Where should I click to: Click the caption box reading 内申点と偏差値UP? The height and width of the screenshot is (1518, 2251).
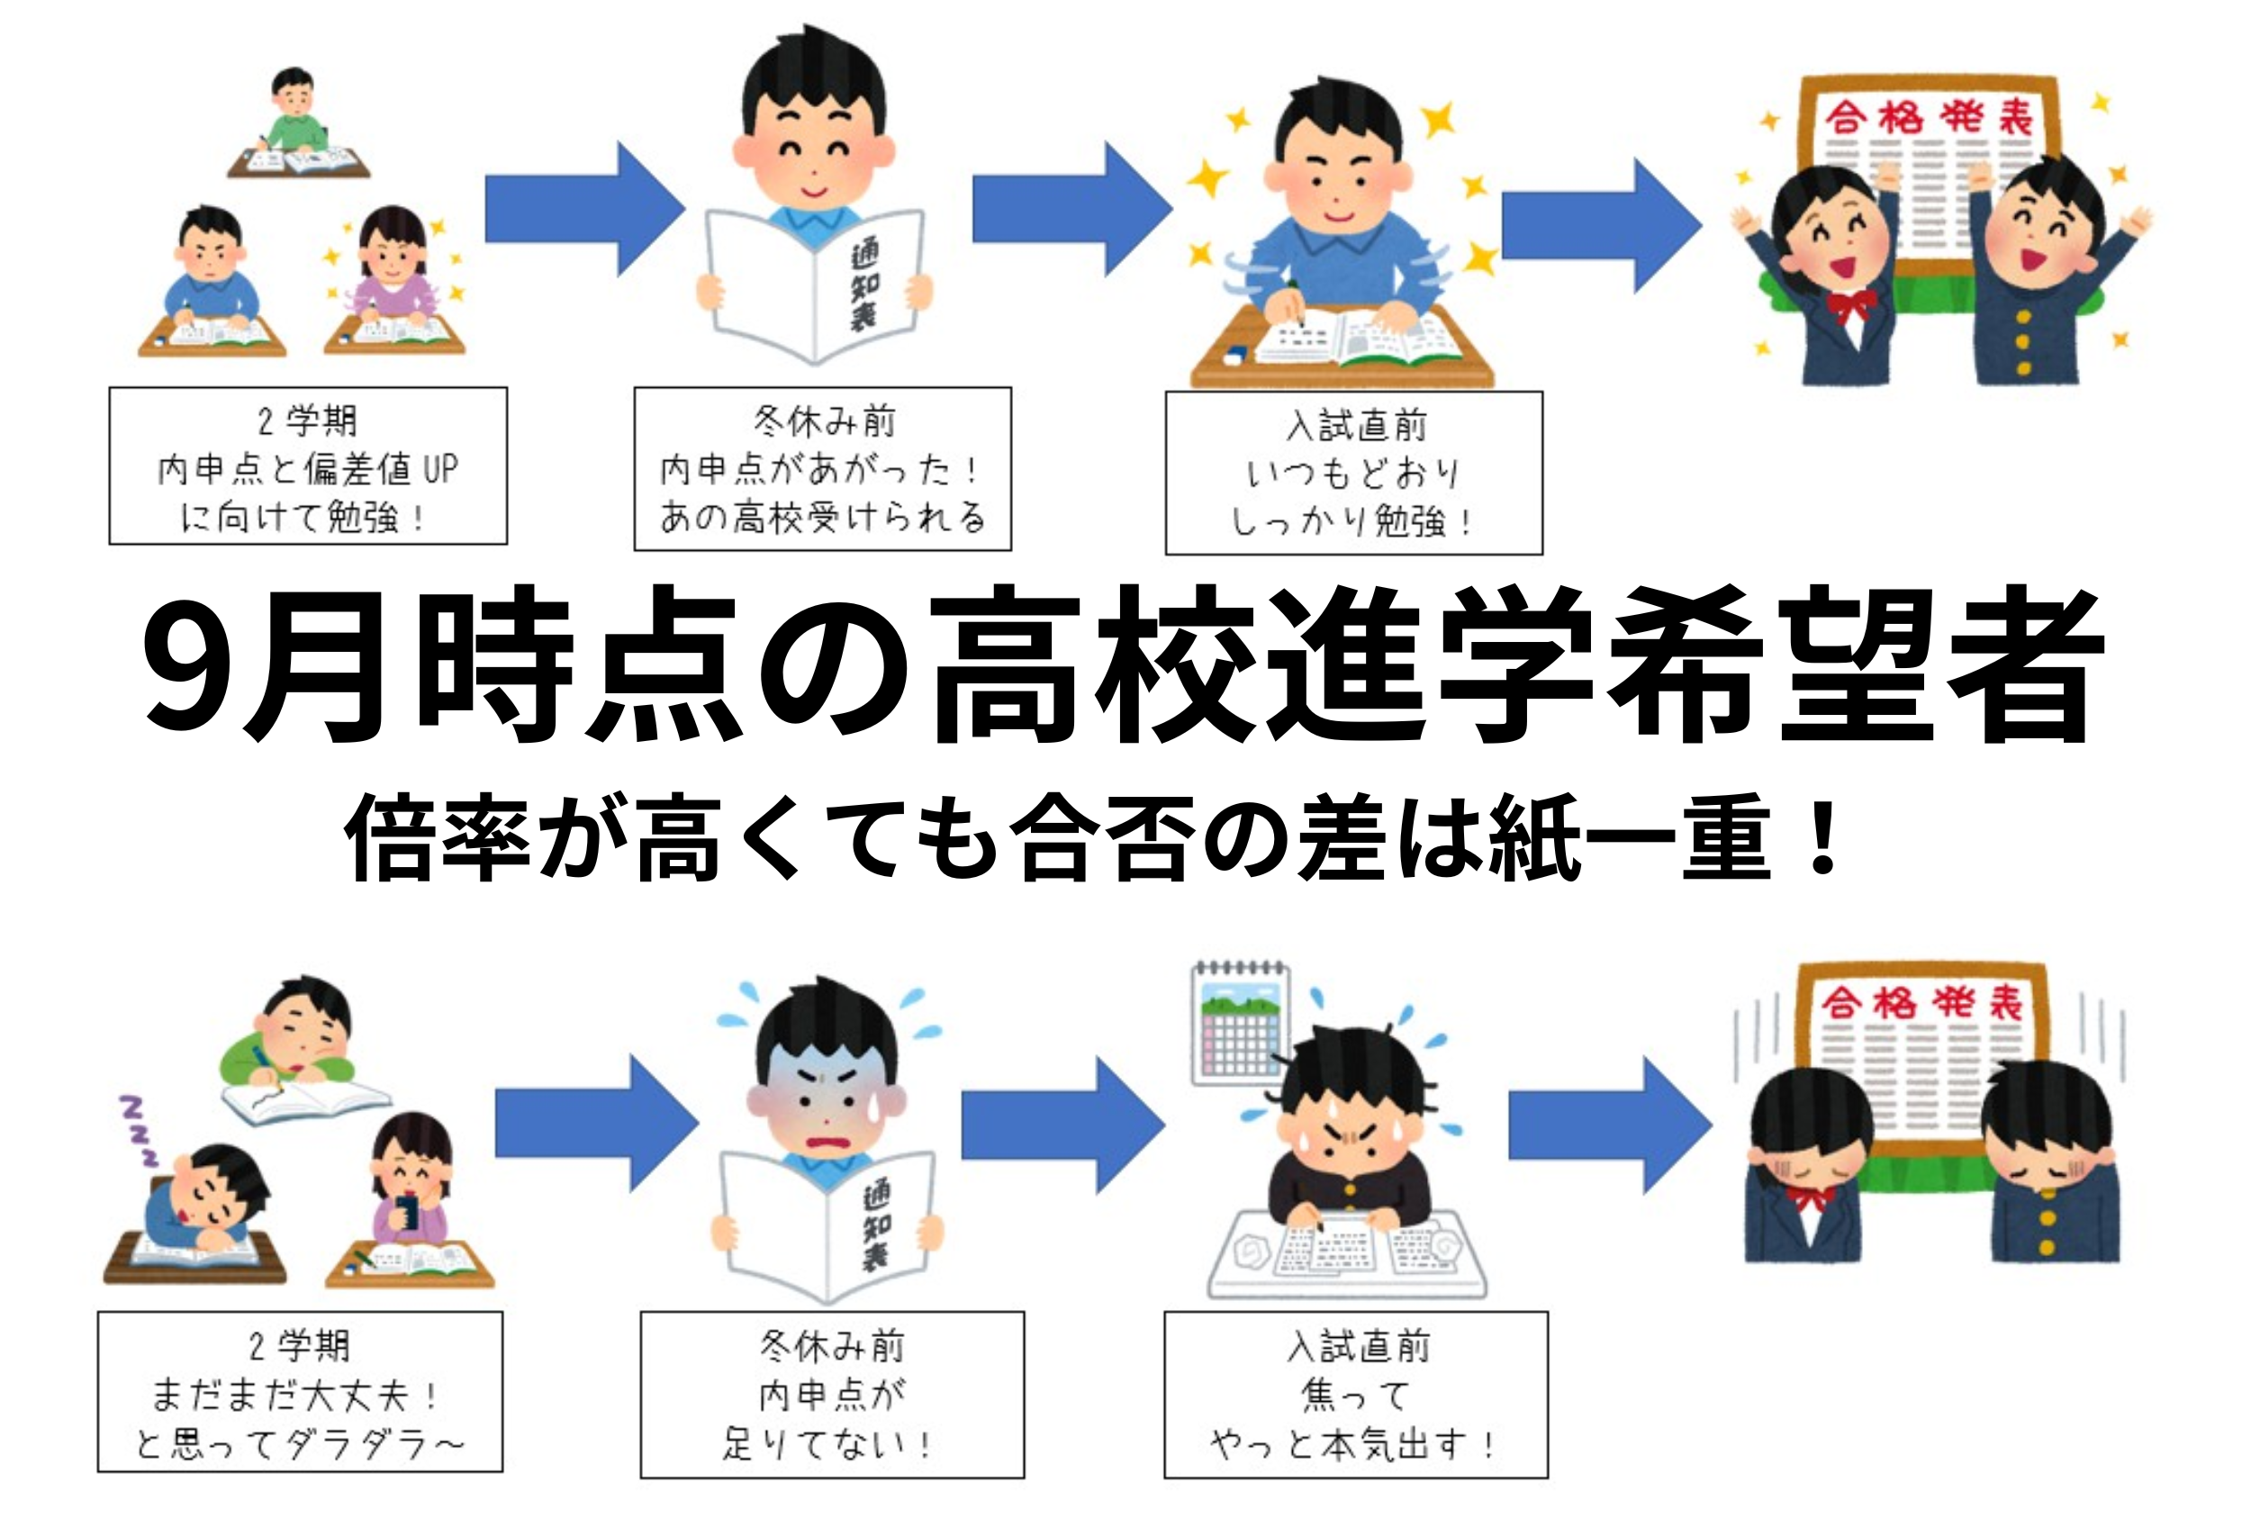tap(308, 466)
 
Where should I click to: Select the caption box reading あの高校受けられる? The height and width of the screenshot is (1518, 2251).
tap(822, 469)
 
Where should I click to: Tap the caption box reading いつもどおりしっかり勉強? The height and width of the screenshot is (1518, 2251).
tap(1352, 474)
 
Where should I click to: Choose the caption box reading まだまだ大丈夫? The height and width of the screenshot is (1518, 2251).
tap(300, 1392)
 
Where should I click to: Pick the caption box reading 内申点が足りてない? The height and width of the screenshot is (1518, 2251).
tap(832, 1395)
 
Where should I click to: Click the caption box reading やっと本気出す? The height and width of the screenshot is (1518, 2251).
tap(1354, 1395)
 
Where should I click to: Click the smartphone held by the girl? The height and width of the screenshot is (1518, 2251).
tap(408, 1212)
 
